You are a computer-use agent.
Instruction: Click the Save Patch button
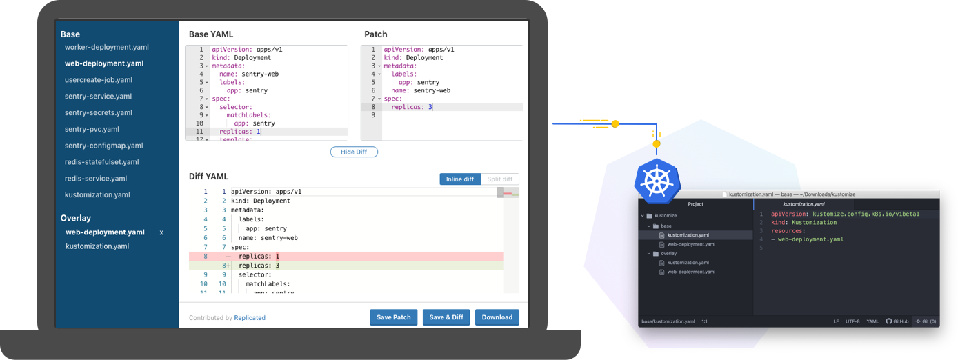coord(394,317)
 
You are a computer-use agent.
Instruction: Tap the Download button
coord(497,317)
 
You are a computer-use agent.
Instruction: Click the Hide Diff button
coord(354,152)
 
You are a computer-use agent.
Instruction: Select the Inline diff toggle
coord(459,179)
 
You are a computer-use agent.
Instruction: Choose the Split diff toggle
coord(499,179)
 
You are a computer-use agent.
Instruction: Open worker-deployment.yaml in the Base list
coord(106,47)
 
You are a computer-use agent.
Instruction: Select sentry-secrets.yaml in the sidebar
coord(98,112)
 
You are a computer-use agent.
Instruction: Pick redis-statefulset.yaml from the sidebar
coord(101,162)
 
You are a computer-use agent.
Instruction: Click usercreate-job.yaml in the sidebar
coord(98,79)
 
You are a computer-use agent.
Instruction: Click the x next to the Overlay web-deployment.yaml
coord(161,232)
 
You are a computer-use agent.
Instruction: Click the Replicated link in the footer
coord(250,318)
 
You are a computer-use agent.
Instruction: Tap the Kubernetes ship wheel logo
coord(657,181)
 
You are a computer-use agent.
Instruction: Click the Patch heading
coord(375,34)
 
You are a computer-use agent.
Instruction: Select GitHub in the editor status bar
coord(897,321)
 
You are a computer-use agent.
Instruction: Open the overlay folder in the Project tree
coord(668,253)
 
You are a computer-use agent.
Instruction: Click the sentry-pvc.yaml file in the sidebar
coord(92,129)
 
